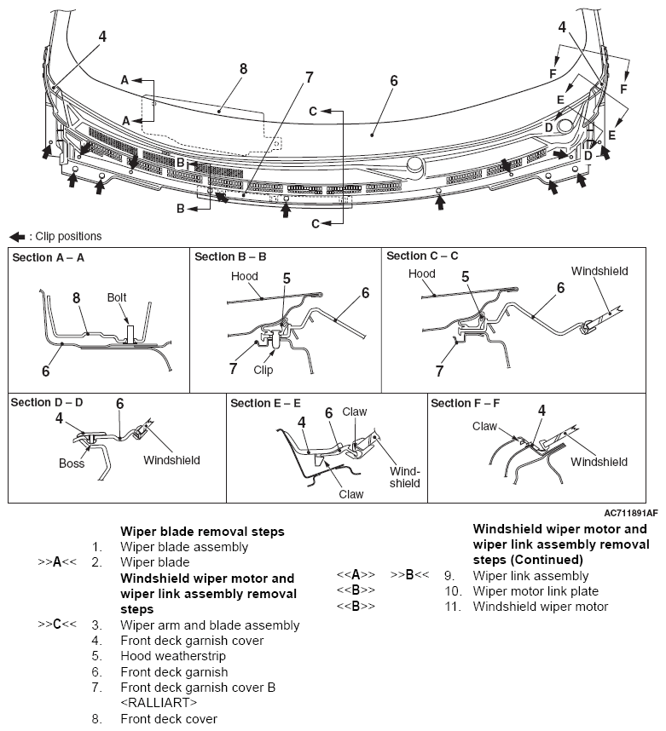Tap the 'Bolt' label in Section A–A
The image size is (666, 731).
[119, 297]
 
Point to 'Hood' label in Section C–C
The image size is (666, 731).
[421, 273]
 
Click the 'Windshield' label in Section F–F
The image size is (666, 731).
[599, 462]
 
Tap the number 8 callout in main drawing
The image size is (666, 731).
[243, 69]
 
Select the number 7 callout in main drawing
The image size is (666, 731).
[309, 78]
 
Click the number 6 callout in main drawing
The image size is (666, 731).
[394, 81]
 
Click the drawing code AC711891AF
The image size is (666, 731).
[631, 514]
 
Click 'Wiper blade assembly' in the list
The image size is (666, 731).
[184, 547]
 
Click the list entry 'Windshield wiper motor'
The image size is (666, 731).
[541, 607]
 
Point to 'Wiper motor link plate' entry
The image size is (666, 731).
[536, 591]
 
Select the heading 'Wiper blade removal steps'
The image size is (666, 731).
[202, 532]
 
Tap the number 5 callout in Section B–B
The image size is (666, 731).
[287, 278]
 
